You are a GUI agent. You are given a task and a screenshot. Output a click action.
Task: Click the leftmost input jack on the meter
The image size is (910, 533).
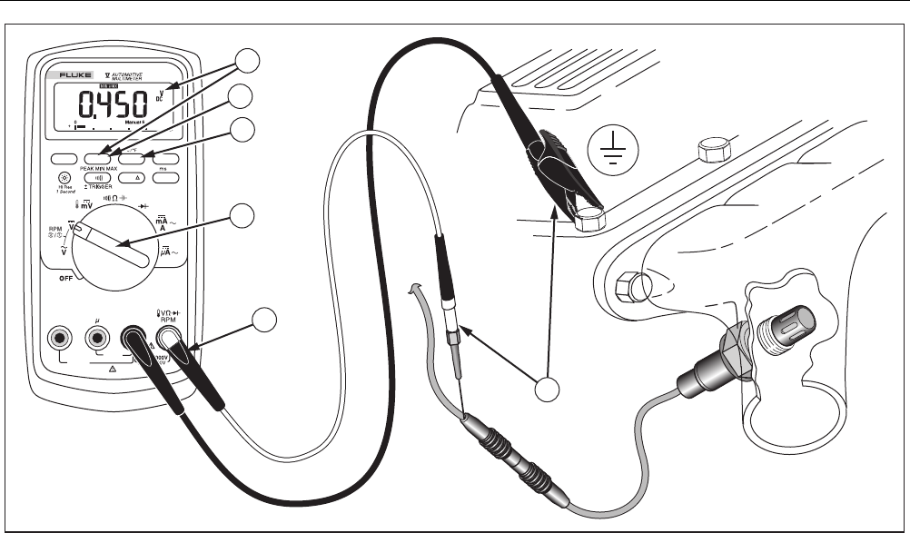62,339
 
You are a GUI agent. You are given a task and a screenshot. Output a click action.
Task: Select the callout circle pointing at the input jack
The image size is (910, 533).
264,319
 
